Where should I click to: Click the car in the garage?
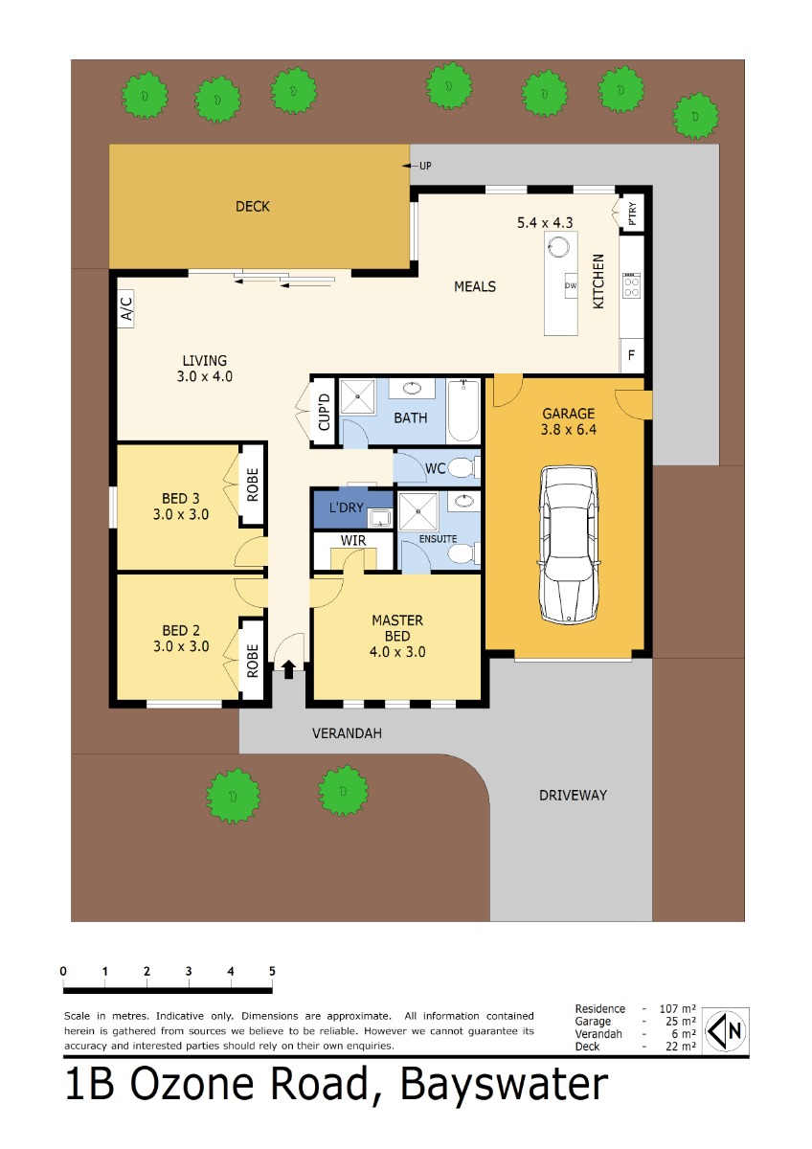(569, 544)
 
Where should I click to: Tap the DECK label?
(253, 206)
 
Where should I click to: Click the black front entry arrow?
(289, 669)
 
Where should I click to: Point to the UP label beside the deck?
(425, 166)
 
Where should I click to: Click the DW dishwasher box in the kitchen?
(571, 285)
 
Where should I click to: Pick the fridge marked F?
(631, 355)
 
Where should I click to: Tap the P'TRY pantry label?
(632, 214)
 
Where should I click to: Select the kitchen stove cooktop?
(631, 285)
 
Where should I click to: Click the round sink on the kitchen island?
(558, 247)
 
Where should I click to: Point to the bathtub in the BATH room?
(463, 411)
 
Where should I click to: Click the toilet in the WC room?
(463, 467)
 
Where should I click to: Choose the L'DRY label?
(347, 507)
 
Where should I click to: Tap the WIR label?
(353, 540)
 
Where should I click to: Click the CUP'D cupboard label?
(325, 412)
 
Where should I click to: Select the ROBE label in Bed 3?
(253, 484)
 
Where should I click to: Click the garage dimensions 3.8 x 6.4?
(569, 429)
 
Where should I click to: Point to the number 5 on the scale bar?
(272, 971)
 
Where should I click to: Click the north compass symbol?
(725, 1030)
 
